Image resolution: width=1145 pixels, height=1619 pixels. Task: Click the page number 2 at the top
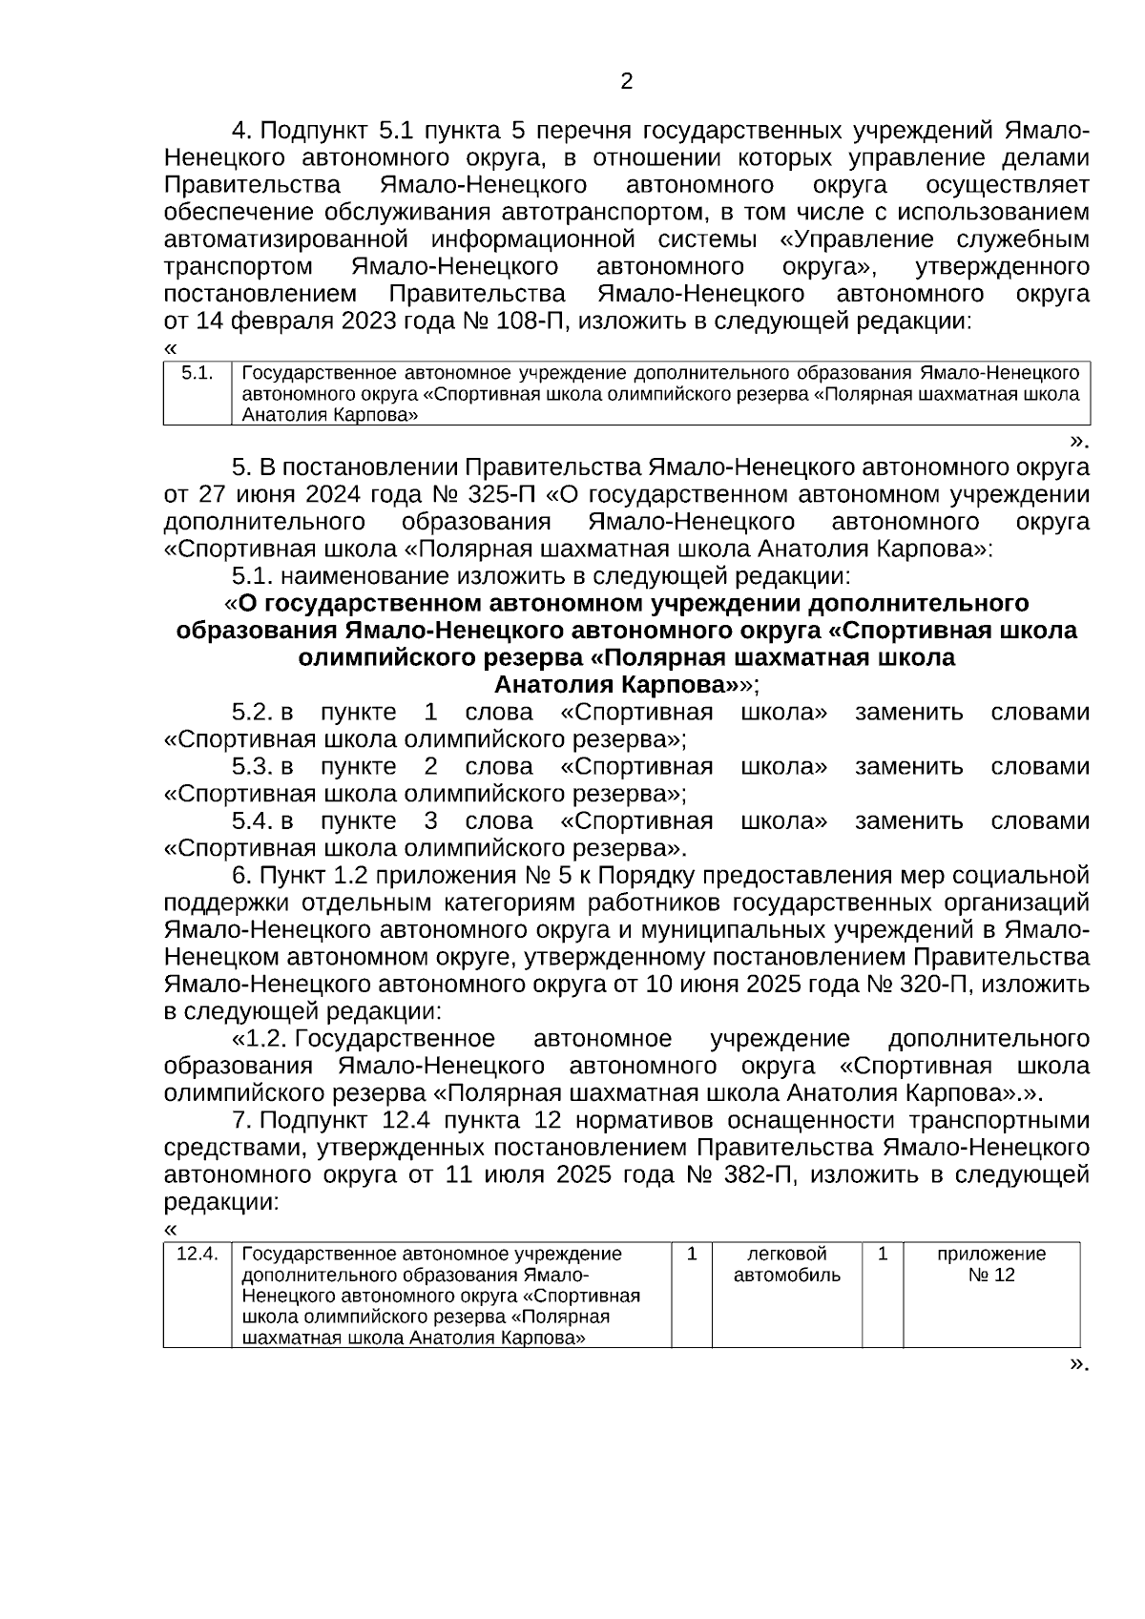point(626,82)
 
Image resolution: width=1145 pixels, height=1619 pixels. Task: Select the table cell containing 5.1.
point(198,374)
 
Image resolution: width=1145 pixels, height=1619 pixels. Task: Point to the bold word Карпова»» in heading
point(682,685)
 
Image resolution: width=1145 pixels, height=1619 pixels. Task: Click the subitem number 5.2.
point(252,713)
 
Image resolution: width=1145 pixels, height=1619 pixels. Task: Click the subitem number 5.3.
point(252,767)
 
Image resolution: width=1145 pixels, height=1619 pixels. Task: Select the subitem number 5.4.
point(252,821)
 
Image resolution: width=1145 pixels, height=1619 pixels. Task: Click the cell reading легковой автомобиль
point(786,1265)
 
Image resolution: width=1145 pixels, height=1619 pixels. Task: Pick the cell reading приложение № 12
point(990,1265)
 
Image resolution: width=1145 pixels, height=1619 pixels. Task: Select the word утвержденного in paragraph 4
point(1001,265)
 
